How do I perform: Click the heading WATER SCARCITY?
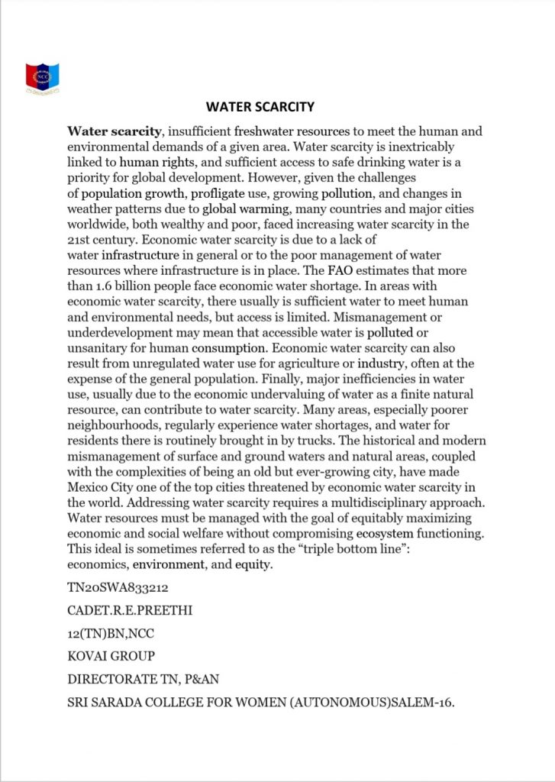260,106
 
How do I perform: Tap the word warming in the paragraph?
264,208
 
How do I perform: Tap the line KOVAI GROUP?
111,656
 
